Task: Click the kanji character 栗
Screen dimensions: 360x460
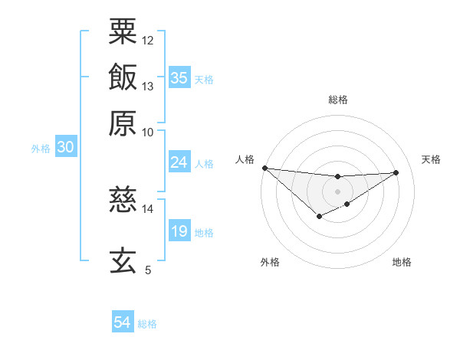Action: pyautogui.click(x=123, y=31)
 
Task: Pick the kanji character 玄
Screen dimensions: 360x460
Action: pyautogui.click(x=123, y=260)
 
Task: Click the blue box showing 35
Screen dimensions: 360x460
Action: pyautogui.click(x=179, y=78)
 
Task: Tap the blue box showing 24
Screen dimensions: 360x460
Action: pyautogui.click(x=179, y=162)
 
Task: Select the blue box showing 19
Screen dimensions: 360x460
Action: pyautogui.click(x=179, y=231)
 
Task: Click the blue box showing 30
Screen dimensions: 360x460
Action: pyautogui.click(x=65, y=148)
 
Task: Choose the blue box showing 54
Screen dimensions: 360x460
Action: pyautogui.click(x=122, y=322)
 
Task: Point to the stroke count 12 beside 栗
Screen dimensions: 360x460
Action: pyautogui.click(x=148, y=40)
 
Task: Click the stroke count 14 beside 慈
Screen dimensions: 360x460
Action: pyautogui.click(x=148, y=208)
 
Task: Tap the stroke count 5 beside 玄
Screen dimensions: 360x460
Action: pyautogui.click(x=148, y=270)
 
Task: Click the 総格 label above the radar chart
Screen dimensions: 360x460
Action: pyautogui.click(x=337, y=100)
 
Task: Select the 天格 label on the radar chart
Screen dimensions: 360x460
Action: pyautogui.click(x=431, y=159)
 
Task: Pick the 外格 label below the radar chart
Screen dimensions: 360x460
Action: pyautogui.click(x=270, y=262)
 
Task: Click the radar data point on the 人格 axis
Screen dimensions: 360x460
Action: pyautogui.click(x=264, y=168)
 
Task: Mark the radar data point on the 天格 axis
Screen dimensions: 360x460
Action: pyautogui.click(x=396, y=172)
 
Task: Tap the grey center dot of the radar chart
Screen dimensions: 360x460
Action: pyautogui.click(x=337, y=191)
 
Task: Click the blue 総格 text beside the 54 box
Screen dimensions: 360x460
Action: pyautogui.click(x=147, y=324)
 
